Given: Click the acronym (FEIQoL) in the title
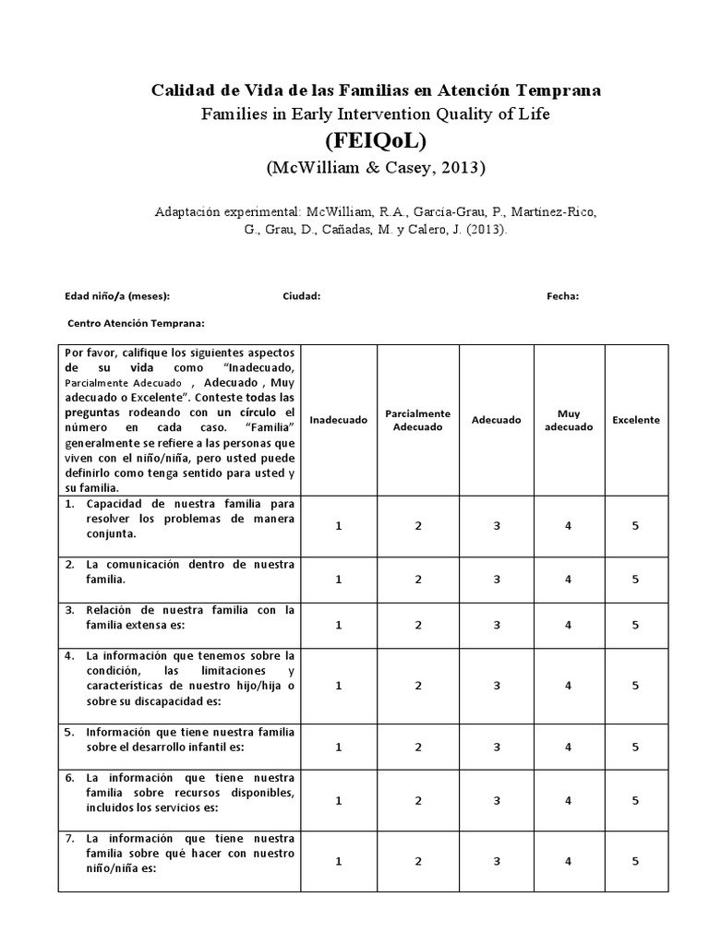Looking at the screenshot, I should (x=376, y=141).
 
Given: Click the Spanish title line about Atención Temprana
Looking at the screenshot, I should (x=376, y=90).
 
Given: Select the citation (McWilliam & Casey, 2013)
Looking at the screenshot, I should (x=376, y=168).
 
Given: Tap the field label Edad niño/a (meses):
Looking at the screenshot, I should (x=116, y=296).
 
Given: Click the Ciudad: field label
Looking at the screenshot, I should (x=301, y=296).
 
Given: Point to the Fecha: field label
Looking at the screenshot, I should (x=562, y=296).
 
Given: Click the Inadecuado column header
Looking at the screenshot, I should (x=338, y=420).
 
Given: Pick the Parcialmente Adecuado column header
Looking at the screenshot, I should (x=417, y=420).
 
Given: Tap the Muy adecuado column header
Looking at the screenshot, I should (x=569, y=420).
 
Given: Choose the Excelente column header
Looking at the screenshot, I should (x=636, y=420).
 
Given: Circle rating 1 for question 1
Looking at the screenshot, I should (x=338, y=525).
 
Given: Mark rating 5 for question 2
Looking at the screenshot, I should (x=636, y=579).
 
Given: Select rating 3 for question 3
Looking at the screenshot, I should (x=497, y=625).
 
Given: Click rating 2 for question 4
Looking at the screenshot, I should (x=417, y=686).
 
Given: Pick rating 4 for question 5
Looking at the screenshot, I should (x=569, y=747).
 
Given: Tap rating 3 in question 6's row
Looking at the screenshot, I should (x=497, y=800).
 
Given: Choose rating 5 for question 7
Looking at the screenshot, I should (x=636, y=861).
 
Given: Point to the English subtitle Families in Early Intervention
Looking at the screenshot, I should (x=376, y=114).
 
